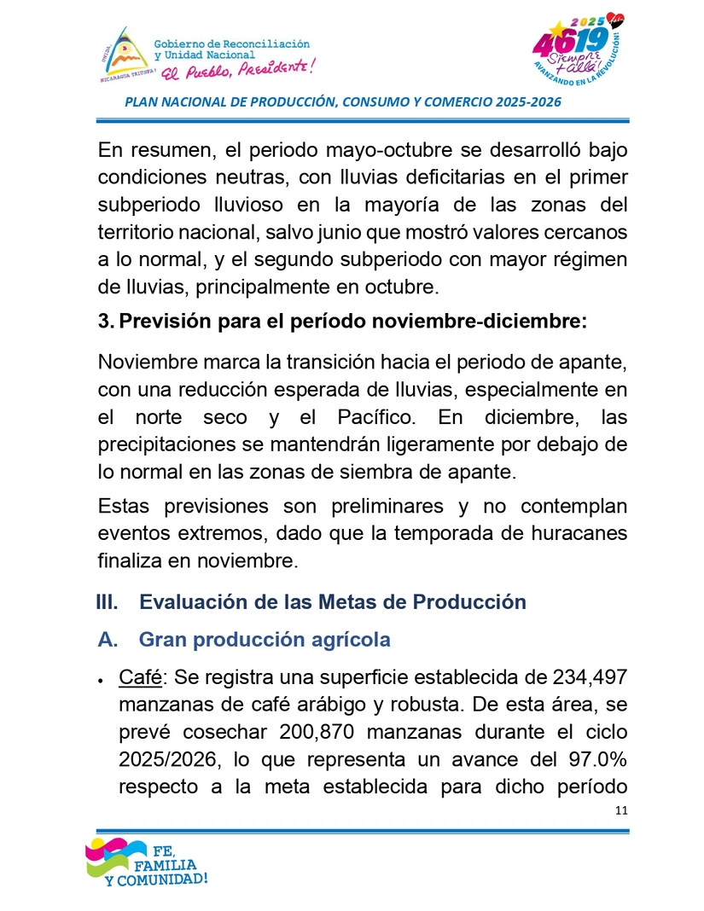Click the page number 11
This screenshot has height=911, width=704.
[620, 810]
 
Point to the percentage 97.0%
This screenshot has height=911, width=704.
[596, 760]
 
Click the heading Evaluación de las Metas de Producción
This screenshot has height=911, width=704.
[333, 601]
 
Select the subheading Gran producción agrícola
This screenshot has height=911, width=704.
[265, 640]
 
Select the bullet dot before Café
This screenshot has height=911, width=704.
[101, 681]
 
